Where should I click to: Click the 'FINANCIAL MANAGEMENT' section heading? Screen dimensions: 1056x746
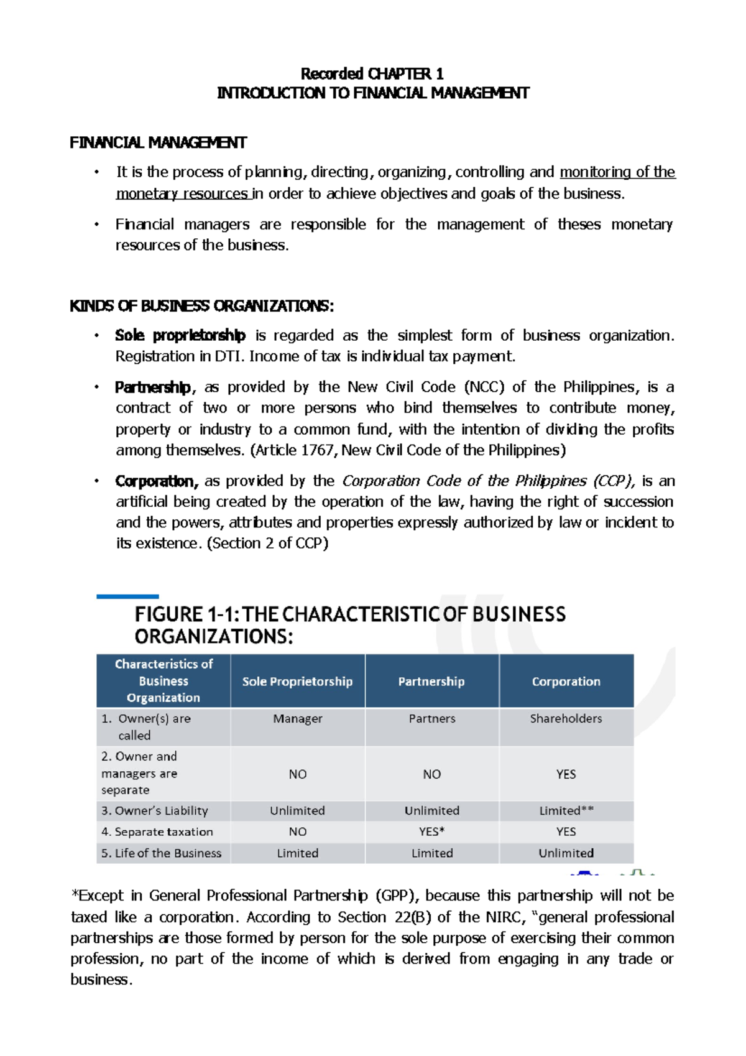(158, 143)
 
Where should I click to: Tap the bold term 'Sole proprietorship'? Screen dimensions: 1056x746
(180, 336)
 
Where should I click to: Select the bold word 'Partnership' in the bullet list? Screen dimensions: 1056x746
(153, 387)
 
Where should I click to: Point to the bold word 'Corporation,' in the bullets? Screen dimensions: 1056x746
(157, 481)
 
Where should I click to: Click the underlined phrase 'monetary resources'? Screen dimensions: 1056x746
(183, 194)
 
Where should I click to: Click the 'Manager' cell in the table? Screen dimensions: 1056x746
(297, 719)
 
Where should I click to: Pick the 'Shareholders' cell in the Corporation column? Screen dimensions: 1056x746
(566, 719)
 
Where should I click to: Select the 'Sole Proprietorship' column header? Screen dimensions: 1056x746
(297, 682)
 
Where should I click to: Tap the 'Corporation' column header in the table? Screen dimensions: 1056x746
(566, 682)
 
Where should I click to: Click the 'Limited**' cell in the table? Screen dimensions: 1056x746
(566, 811)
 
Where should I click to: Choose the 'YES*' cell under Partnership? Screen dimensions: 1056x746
(431, 832)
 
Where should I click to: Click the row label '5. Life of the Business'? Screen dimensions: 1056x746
(162, 853)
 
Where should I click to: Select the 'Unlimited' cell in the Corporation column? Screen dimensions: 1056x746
(566, 853)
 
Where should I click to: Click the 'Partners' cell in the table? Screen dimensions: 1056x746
(431, 719)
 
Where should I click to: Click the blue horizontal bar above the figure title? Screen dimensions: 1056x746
(127, 597)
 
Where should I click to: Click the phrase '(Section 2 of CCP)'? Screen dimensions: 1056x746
(267, 544)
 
